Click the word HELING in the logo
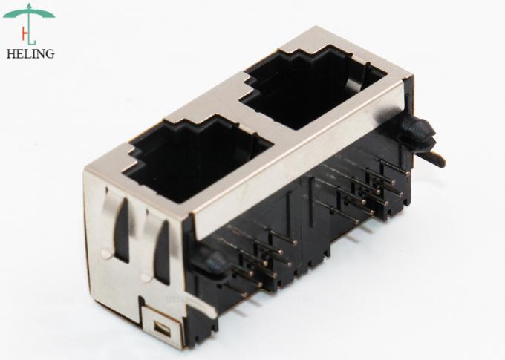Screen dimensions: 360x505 [30, 53]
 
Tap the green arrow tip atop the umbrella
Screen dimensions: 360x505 [30, 5]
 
